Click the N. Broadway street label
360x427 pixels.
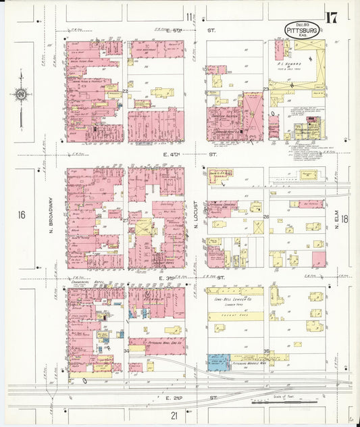tap(51, 216)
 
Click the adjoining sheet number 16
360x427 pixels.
tap(22, 216)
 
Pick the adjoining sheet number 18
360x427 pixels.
tap(344, 219)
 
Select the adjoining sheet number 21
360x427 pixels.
tap(174, 414)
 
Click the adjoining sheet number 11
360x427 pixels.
tap(188, 16)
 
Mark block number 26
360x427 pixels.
tap(266, 217)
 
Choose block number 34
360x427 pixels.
tap(126, 351)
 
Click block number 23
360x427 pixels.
tap(266, 89)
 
